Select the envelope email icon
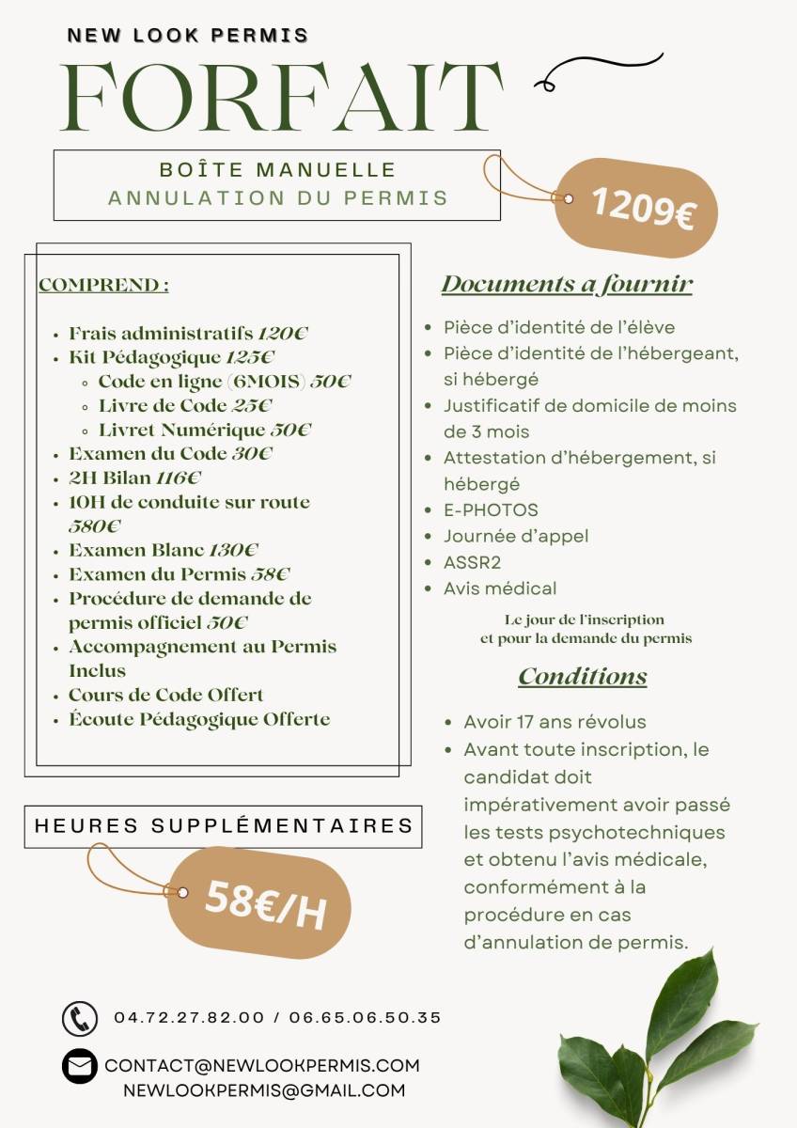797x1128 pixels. pyautogui.click(x=79, y=1066)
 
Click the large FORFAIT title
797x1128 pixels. pyautogui.click(x=281, y=97)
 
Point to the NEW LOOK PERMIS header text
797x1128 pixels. pyautogui.click(x=188, y=36)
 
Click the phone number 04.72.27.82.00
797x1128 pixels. pyautogui.click(x=189, y=1017)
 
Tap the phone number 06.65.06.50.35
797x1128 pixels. pyautogui.click(x=365, y=1017)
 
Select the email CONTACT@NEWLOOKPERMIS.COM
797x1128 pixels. pyautogui.click(x=262, y=1066)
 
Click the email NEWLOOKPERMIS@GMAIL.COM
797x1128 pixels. pyautogui.click(x=264, y=1090)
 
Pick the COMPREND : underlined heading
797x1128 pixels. pyautogui.click(x=103, y=285)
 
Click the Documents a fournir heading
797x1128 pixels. pyautogui.click(x=567, y=284)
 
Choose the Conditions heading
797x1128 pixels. pyautogui.click(x=583, y=677)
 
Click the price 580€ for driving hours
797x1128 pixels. pyautogui.click(x=95, y=526)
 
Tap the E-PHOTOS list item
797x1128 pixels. pyautogui.click(x=491, y=510)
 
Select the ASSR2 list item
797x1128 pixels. pyautogui.click(x=473, y=562)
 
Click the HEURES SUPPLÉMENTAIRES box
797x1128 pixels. pyautogui.click(x=224, y=826)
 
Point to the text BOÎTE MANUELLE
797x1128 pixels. pyautogui.click(x=277, y=170)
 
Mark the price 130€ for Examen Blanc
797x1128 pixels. pyautogui.click(x=233, y=550)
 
